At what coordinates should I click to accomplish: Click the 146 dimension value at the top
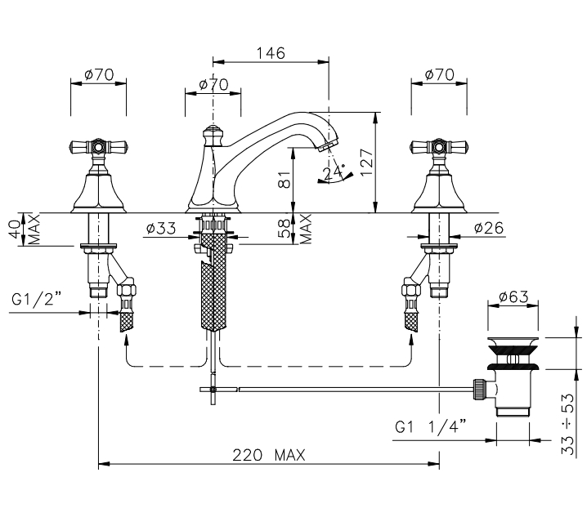click(271, 53)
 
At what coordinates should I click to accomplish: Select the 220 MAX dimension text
click(269, 455)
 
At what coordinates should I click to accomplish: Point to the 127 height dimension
click(366, 162)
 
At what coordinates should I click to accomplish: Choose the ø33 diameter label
click(161, 228)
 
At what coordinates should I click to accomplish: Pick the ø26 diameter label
click(489, 227)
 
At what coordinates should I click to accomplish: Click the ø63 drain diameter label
click(513, 296)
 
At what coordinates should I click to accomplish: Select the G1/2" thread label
click(36, 299)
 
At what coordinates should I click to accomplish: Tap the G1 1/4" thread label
click(431, 426)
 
